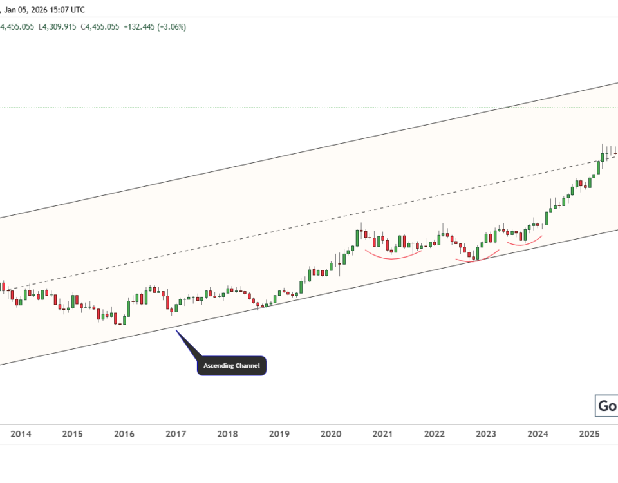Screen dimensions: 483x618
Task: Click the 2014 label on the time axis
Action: tap(21, 435)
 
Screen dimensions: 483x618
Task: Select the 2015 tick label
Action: tap(73, 435)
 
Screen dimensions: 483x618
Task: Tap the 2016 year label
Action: tap(124, 435)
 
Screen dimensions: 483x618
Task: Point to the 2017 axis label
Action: tap(176, 435)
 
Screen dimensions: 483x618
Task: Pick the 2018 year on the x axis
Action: tap(227, 435)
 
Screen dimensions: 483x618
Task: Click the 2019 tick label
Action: tap(279, 435)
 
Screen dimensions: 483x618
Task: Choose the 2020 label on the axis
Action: tap(330, 435)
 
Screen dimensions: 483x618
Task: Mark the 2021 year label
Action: tap(382, 435)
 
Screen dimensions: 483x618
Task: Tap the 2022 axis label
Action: tap(434, 435)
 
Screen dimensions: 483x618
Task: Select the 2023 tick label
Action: tap(486, 435)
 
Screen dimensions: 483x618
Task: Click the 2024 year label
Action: tap(538, 435)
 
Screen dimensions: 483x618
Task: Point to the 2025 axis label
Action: tap(589, 435)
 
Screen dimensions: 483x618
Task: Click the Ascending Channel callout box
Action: tap(232, 366)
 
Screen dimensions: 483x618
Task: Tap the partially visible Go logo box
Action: tap(606, 406)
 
